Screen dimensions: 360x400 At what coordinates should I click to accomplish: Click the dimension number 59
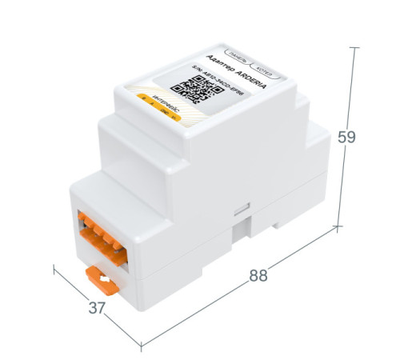coord(346,137)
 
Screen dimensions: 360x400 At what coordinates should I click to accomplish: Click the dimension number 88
coord(258,275)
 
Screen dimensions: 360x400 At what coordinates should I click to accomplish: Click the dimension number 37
coord(97,307)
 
